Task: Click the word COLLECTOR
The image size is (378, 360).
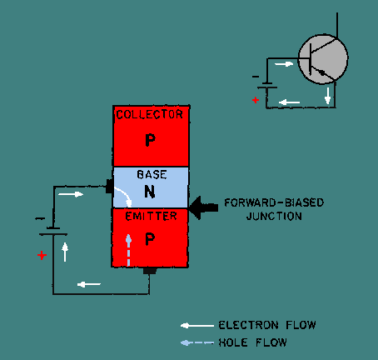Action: (150, 114)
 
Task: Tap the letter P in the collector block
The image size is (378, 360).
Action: (150, 140)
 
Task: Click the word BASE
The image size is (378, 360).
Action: (152, 174)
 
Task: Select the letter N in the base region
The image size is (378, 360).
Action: (150, 192)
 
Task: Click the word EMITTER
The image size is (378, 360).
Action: (151, 216)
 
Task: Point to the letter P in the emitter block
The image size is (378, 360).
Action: (150, 239)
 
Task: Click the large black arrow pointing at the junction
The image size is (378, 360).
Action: (203, 207)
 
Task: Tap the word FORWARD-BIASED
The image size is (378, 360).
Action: (274, 202)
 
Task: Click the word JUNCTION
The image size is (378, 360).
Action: (274, 216)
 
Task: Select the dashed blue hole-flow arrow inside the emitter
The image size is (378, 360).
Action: (128, 250)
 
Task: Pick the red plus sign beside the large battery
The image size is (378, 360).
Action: (42, 255)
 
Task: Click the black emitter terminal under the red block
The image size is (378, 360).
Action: (150, 271)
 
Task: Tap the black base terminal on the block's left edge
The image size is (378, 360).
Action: (110, 186)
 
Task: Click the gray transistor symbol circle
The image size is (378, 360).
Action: (323, 59)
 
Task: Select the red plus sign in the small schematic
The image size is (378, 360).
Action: (256, 100)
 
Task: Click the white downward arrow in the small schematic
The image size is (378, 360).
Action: (328, 96)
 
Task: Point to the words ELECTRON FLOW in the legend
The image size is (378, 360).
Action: (267, 325)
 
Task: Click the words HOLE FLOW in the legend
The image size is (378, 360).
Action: (252, 342)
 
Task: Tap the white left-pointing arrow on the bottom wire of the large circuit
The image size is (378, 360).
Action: (89, 284)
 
